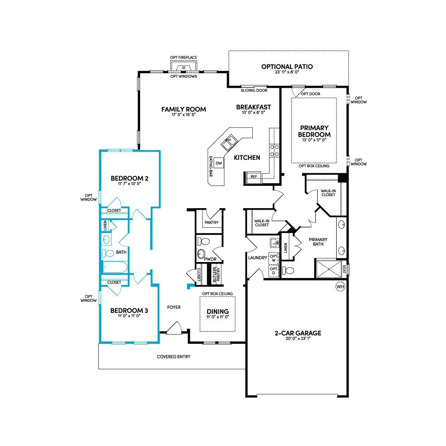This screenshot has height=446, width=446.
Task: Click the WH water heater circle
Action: point(340,287)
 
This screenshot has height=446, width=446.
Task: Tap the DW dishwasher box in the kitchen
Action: point(219,163)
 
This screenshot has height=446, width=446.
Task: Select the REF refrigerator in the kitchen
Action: point(254,177)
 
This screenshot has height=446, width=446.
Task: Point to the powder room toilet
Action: point(204,242)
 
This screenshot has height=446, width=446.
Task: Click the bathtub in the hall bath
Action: point(115,268)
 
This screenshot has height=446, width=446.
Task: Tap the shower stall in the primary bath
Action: point(329,269)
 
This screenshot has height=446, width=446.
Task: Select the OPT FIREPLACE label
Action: point(184,57)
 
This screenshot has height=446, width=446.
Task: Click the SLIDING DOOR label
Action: point(254,90)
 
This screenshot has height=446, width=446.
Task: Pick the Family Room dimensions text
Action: point(184,114)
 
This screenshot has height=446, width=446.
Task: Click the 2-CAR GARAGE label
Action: point(298,333)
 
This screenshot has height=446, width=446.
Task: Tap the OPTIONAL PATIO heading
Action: point(287,67)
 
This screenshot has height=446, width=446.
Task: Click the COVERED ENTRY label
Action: point(174,357)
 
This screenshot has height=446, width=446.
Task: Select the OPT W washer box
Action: point(274,258)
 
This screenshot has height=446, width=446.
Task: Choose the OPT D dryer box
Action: point(274,271)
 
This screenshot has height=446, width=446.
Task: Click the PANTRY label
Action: point(211,222)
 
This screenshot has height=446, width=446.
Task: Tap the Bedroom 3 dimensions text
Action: point(129,316)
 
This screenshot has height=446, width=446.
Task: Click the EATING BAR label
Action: point(211,167)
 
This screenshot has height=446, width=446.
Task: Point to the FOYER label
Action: point(174,307)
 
